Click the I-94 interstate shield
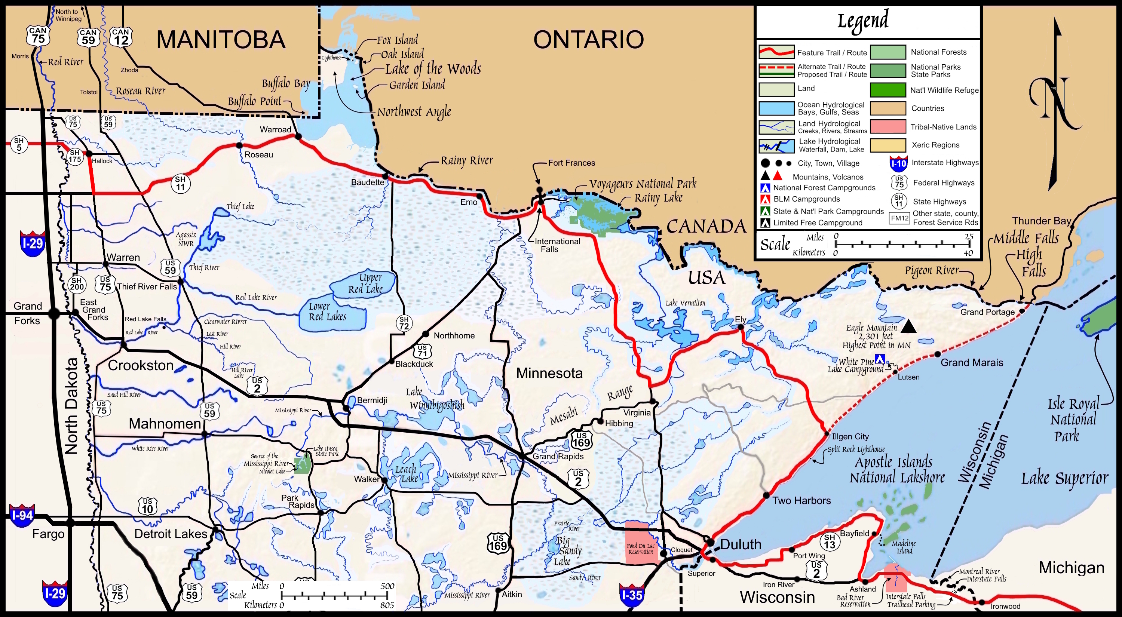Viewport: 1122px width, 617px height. coord(22,516)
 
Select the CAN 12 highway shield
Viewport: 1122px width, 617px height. coord(121,37)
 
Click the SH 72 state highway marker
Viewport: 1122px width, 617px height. coord(404,323)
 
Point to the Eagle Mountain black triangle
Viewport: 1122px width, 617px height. coord(908,326)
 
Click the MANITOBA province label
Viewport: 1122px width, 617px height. coord(221,40)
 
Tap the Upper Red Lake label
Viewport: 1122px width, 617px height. coord(365,283)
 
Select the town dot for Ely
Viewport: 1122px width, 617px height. coord(741,328)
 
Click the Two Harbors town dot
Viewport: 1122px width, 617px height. coord(767,495)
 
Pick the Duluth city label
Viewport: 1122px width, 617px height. coord(741,544)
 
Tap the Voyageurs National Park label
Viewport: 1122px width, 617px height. coord(643,184)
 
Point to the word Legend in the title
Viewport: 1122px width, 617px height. coord(863,21)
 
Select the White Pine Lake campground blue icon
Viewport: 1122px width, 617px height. coord(880,359)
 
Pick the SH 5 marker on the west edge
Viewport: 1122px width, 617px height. coord(19,144)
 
